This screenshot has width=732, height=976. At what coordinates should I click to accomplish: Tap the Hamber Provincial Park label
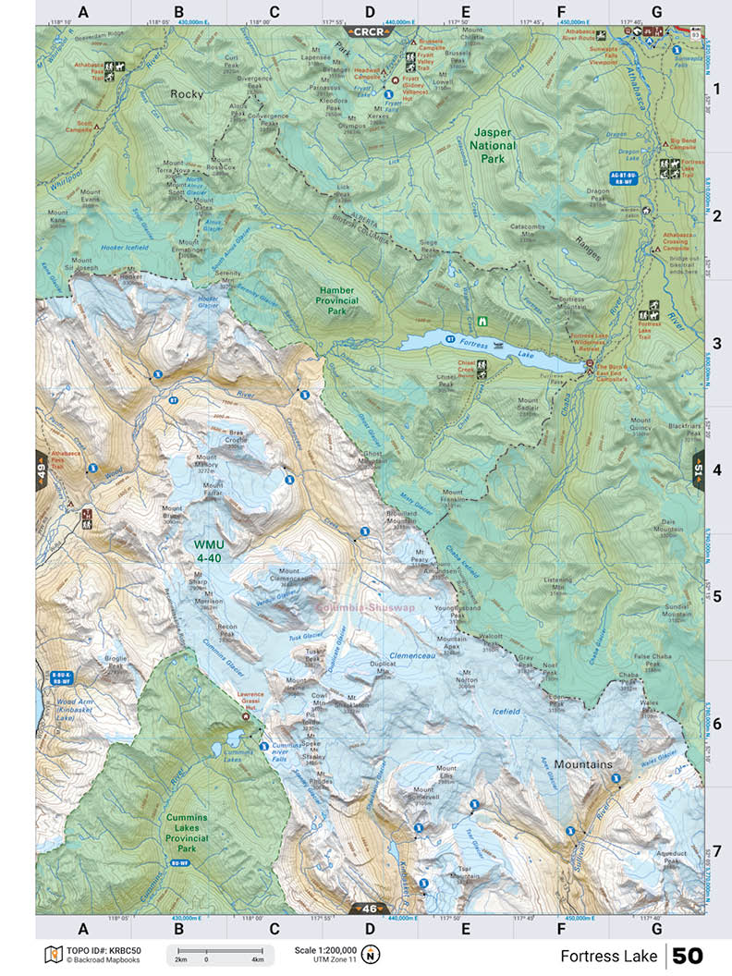tap(336, 294)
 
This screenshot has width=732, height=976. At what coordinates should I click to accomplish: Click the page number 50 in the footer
tap(688, 955)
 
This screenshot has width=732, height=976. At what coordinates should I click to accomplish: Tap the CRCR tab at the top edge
tap(370, 31)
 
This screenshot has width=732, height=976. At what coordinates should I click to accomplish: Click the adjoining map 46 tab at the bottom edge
tap(369, 909)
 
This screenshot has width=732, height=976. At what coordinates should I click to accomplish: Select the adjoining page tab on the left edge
tap(42, 468)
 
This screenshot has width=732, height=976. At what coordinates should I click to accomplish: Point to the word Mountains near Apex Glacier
tap(584, 765)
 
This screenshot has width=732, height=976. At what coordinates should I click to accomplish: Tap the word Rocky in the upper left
tap(186, 93)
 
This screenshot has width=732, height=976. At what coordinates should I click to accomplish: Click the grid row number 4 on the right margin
tap(716, 469)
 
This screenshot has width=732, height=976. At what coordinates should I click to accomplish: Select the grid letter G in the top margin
tap(656, 12)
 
